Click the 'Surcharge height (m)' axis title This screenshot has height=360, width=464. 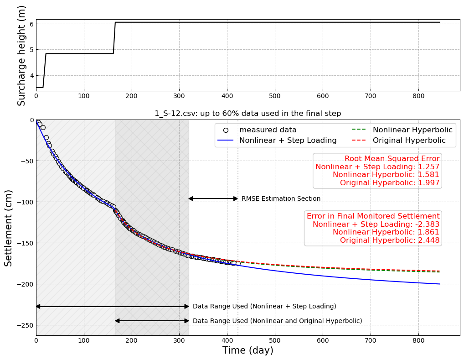coord(21,55)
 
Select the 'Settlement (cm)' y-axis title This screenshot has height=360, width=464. coord(9,228)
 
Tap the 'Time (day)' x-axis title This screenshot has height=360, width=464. coord(247,350)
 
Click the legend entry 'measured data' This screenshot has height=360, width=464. coord(268,130)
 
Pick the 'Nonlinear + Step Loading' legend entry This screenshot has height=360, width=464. coord(288,141)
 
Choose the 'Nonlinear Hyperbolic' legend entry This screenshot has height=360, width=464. coord(412,130)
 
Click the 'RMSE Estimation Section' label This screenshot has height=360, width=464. coord(281,199)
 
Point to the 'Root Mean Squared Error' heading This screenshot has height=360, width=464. coord(392,159)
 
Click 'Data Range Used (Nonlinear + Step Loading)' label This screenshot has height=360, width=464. coord(264,307)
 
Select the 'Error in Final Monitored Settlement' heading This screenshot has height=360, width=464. coord(373,216)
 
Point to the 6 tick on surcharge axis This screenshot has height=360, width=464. coord(31,24)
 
